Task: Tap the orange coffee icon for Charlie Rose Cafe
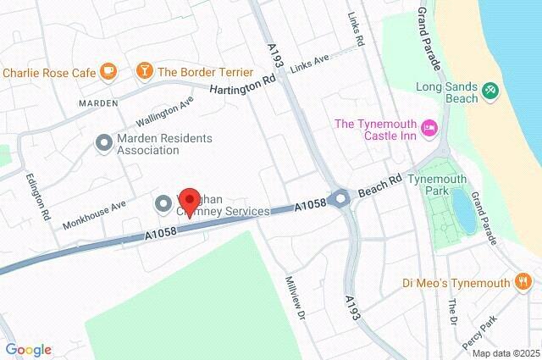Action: click(108, 72)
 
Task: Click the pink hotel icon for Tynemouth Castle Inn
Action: click(429, 125)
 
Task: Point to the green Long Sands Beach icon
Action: click(489, 89)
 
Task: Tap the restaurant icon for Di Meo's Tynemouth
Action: click(523, 281)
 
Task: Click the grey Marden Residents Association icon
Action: click(104, 143)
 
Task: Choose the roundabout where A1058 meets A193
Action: click(340, 199)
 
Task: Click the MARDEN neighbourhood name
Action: click(98, 102)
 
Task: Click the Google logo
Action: click(28, 350)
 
